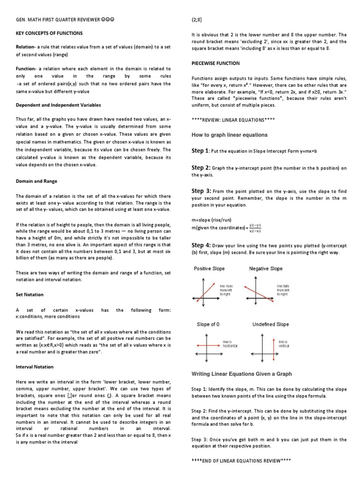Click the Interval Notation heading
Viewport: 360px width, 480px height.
(x=35, y=367)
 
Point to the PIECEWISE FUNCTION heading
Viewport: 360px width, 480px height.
(x=216, y=63)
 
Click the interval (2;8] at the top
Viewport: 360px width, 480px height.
(x=196, y=20)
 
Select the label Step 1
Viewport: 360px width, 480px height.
(x=200, y=150)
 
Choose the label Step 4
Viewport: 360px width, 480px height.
(x=200, y=245)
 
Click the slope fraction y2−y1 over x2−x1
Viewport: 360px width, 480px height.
(x=255, y=228)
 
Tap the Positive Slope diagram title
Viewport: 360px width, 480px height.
(x=209, y=269)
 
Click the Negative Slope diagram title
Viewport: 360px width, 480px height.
(x=265, y=269)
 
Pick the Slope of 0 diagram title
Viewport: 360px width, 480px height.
(x=209, y=324)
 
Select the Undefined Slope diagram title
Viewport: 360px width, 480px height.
(x=270, y=324)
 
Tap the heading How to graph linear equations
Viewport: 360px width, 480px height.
(x=229, y=135)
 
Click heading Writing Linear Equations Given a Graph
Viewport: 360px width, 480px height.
(x=241, y=374)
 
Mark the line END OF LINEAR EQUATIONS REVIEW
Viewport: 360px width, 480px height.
(x=241, y=460)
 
